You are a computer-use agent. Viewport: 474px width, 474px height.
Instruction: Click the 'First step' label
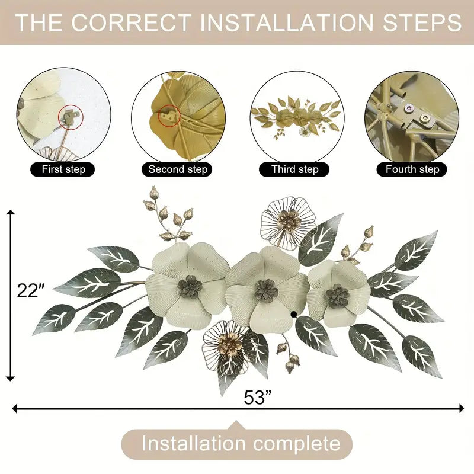click(x=63, y=169)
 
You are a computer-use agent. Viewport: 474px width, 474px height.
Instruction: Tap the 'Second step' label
click(x=177, y=169)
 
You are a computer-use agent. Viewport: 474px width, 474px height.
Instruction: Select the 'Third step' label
click(x=294, y=169)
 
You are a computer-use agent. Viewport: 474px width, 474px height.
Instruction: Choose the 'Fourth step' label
click(x=412, y=169)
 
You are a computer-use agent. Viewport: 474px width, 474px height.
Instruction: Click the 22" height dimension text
click(x=31, y=291)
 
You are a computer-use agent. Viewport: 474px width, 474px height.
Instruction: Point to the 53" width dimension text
click(x=258, y=398)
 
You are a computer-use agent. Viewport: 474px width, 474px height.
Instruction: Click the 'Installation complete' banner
click(x=237, y=443)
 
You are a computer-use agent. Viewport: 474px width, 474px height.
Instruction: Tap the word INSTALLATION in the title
click(x=286, y=23)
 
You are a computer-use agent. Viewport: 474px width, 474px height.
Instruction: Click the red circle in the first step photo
click(x=71, y=117)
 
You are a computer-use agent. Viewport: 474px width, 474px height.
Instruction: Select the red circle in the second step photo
click(x=169, y=116)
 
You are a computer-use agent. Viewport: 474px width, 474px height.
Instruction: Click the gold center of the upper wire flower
click(x=290, y=218)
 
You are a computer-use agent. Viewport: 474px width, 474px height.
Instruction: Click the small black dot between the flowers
click(x=293, y=315)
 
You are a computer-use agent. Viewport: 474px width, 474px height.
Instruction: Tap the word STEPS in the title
click(x=422, y=23)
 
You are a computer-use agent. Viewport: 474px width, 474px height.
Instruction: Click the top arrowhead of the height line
click(x=11, y=212)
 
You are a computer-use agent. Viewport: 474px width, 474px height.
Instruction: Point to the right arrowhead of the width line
click(x=462, y=408)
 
